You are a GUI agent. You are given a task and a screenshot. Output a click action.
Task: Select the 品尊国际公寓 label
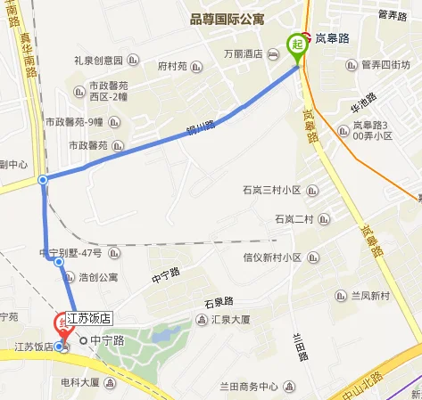(x=228, y=18)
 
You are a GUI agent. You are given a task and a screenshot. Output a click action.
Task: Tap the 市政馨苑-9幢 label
(x=86, y=122)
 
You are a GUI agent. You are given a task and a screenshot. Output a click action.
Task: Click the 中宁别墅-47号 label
(x=70, y=253)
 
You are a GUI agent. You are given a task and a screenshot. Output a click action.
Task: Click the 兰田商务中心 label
(x=249, y=387)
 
